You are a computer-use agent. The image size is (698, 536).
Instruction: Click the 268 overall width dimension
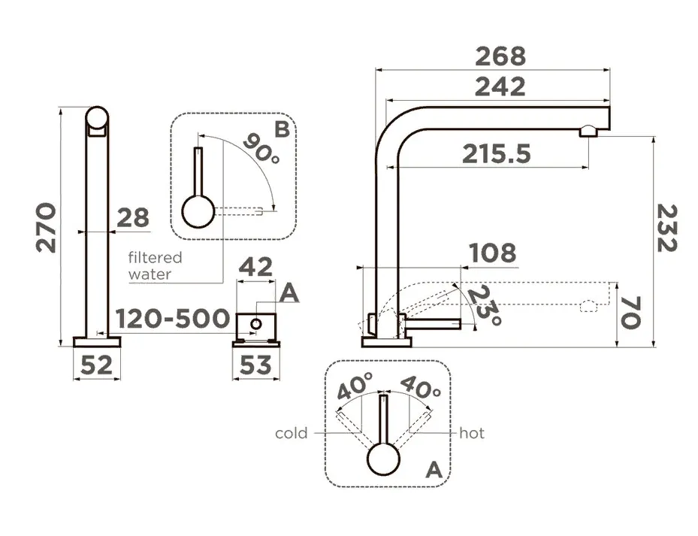500,56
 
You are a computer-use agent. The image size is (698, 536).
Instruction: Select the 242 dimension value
500,87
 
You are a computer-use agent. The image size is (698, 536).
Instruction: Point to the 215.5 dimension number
497,154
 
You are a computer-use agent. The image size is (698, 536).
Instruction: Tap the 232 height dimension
667,228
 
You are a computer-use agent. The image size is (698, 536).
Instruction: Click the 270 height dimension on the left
47,228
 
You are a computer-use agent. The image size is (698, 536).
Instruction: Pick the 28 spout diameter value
133,218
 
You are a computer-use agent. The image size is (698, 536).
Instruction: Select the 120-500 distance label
173,319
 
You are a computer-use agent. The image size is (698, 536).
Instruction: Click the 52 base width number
96,365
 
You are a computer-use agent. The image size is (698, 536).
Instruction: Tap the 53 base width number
255,365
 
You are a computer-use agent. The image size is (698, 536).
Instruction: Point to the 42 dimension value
255,267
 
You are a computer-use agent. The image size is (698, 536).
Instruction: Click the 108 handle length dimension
493,253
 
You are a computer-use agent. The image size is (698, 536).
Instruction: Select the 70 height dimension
631,313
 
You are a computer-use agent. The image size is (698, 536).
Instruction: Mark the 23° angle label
485,305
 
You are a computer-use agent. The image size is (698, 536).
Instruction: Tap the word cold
291,433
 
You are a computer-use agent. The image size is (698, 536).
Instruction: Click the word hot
472,433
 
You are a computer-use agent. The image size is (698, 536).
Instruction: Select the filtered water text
156,265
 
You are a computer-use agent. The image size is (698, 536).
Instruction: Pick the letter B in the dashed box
282,129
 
